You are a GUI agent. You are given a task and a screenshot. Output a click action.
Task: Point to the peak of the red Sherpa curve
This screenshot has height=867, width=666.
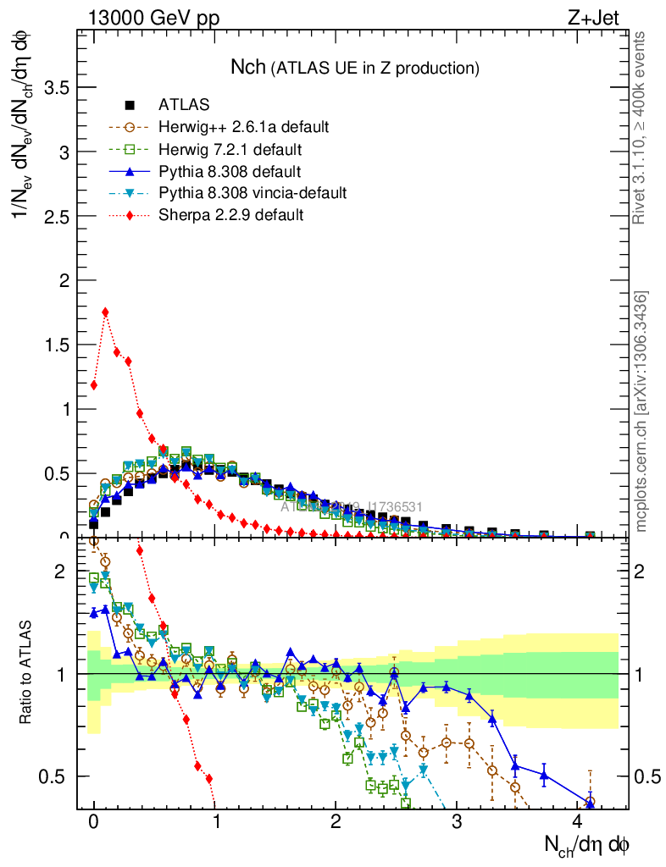point(105,312)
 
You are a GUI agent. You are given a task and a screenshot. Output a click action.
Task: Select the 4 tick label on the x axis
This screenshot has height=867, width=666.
point(578,823)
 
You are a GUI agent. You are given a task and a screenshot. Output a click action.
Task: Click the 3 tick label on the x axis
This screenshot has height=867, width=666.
point(457,823)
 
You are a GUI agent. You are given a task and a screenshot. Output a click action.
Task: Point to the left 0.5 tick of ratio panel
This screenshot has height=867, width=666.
point(51,776)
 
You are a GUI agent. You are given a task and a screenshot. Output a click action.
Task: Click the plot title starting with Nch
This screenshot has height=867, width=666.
point(356,67)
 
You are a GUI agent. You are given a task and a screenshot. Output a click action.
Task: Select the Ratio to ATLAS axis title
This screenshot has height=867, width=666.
point(25,673)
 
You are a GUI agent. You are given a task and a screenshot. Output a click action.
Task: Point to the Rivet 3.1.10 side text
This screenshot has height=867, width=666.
point(641,127)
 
